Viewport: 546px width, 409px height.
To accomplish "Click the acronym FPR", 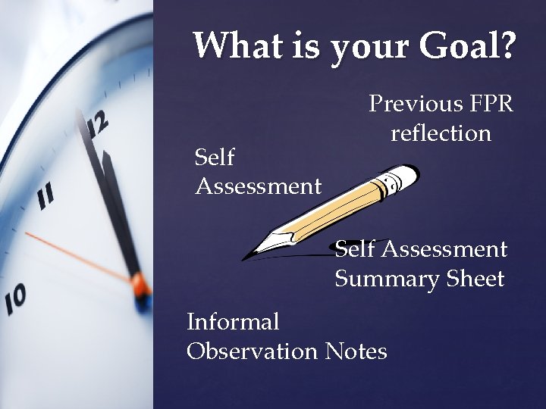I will click(x=491, y=104).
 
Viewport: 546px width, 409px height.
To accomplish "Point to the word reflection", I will click(x=441, y=133).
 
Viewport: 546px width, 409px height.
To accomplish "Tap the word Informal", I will click(x=233, y=322).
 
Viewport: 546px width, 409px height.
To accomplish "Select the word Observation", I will click(x=252, y=351).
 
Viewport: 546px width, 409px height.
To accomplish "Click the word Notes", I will click(x=356, y=351).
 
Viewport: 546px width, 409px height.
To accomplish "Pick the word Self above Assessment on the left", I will click(x=214, y=158).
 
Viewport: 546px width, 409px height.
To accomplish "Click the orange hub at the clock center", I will click(x=140, y=286).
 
